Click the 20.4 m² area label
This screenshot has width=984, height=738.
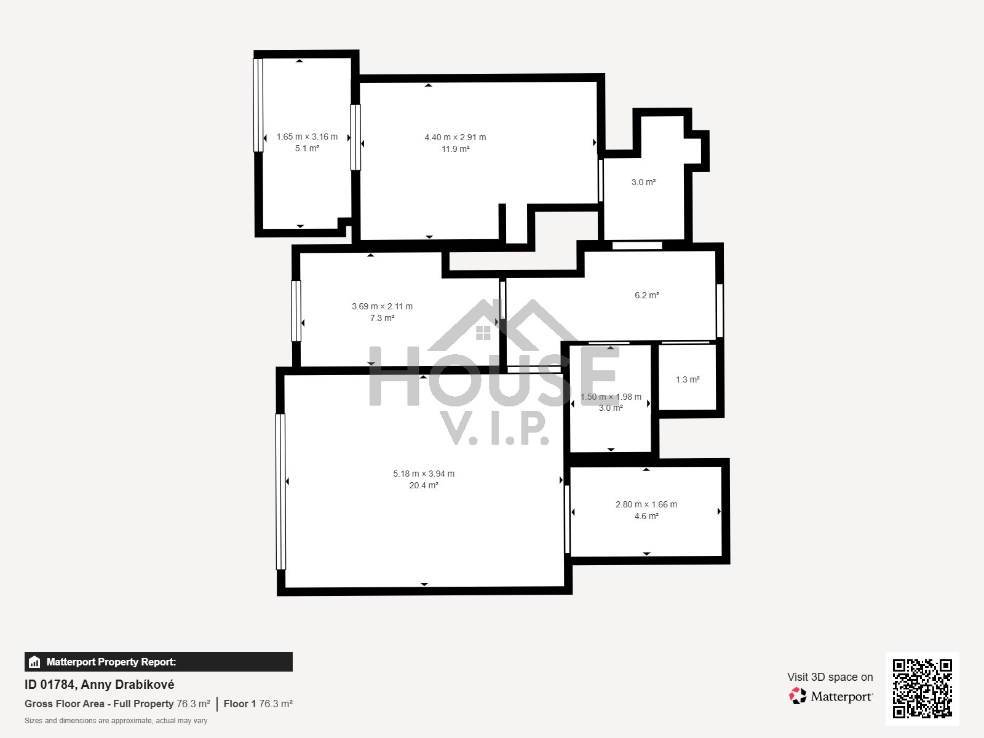[424, 485]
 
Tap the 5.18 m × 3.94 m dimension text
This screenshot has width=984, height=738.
[424, 474]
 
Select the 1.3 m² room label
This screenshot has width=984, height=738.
[688, 379]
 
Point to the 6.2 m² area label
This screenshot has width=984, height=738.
[646, 295]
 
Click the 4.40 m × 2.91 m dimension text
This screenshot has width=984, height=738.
[455, 137]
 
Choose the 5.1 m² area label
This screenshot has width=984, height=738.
[307, 148]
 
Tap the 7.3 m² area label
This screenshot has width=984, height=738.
[382, 318]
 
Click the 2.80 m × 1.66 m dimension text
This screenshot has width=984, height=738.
[646, 504]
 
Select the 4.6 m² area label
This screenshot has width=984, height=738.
[646, 516]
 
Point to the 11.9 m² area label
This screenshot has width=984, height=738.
[455, 149]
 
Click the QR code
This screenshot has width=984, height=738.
[922, 689]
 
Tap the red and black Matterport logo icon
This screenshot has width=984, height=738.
[797, 696]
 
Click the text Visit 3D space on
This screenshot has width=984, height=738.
[830, 677]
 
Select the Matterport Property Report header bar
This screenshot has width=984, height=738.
[158, 662]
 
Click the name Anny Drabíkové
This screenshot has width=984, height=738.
[127, 684]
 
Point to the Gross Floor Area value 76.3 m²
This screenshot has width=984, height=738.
[193, 704]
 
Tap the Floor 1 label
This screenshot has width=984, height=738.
[239, 704]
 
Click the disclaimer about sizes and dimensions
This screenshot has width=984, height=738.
[116, 721]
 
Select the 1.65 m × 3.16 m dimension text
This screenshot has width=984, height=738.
[307, 137]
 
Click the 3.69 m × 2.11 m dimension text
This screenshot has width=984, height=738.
[382, 306]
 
